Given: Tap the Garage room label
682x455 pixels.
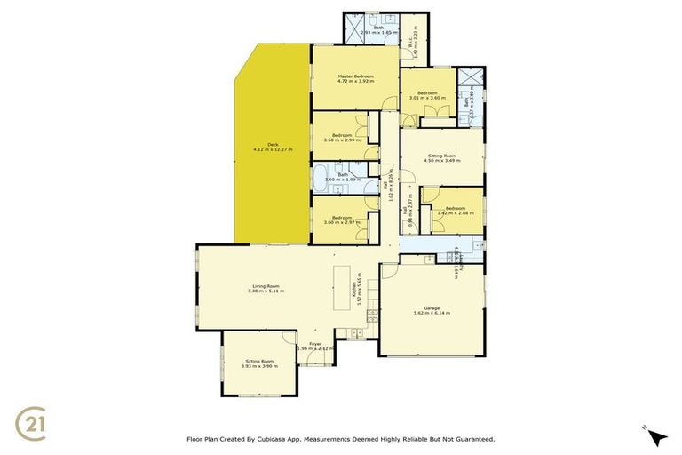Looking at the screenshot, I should point(432,307).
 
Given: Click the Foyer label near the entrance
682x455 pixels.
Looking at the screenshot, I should point(314,344).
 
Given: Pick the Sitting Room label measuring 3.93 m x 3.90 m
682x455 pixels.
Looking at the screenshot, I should point(259,361).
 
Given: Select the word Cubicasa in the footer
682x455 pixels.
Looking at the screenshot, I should point(279,439).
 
